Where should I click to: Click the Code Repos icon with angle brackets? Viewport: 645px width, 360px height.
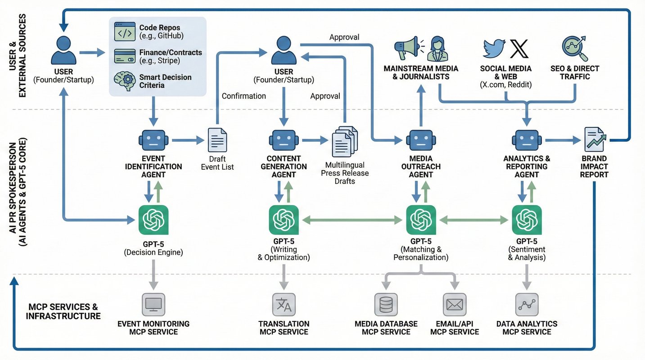click(125, 32)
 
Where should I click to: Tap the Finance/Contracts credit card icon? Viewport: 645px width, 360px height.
click(125, 56)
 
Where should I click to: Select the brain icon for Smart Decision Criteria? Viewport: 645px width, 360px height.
click(125, 81)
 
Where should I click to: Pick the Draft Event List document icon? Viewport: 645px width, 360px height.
click(217, 140)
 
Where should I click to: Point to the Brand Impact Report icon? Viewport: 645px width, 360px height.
click(594, 139)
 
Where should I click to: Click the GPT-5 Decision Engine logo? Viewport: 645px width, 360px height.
click(153, 220)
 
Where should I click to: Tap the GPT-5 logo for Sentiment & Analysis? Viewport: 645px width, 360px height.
click(527, 220)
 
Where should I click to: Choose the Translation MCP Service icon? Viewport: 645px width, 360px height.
click(284, 305)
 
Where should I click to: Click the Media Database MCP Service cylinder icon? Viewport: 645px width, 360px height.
click(386, 305)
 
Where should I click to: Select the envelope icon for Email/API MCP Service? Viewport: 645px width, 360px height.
click(454, 305)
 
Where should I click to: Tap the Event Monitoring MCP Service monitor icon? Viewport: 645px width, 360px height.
click(153, 305)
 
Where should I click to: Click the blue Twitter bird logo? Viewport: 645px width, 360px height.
click(494, 48)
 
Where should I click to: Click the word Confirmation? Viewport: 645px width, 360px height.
click(244, 96)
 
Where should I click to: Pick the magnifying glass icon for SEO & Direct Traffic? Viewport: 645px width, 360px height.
click(575, 48)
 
